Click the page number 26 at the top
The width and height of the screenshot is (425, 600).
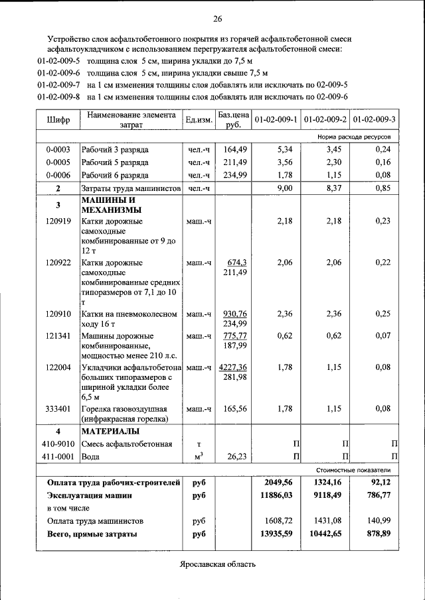pos(218,18)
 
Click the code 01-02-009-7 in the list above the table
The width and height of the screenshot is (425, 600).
pos(59,86)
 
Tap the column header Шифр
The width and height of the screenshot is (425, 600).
pos(58,120)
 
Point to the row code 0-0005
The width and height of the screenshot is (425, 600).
pos(58,162)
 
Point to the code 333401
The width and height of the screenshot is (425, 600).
pos(58,409)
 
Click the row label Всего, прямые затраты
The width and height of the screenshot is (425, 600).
pos(92,534)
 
